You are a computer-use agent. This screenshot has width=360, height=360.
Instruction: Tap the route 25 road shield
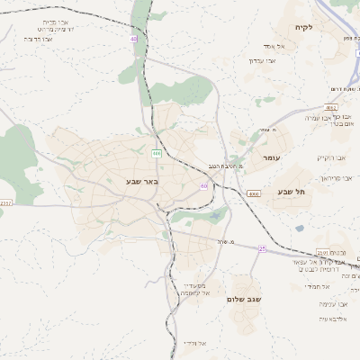pos(262,249)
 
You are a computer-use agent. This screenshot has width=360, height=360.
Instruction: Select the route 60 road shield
pos(205,185)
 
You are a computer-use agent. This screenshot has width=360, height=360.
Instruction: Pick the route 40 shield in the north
pos(134,39)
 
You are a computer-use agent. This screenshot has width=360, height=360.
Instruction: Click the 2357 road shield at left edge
pos(5,203)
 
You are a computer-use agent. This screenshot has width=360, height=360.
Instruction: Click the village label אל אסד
pos(275,45)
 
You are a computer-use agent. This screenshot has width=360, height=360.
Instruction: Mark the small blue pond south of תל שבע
pos(299,229)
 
